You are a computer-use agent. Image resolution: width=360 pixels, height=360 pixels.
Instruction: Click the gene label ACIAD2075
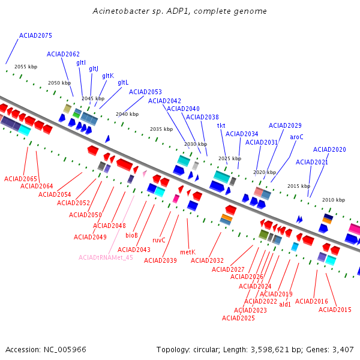(x=35, y=35)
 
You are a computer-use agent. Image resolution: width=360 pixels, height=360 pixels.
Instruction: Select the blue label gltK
(x=108, y=76)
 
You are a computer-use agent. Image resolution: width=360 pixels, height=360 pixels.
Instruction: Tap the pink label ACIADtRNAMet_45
(x=106, y=257)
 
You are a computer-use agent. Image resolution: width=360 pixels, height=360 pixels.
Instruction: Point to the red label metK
(x=188, y=252)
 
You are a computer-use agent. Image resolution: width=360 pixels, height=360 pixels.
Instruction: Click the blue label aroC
(x=296, y=137)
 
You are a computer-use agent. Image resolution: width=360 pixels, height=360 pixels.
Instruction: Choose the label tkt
(x=221, y=125)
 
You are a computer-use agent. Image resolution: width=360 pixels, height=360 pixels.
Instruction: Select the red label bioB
(x=131, y=235)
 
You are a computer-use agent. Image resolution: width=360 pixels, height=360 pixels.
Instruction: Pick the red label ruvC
(x=159, y=240)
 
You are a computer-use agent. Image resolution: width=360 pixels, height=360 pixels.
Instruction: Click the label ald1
(x=285, y=304)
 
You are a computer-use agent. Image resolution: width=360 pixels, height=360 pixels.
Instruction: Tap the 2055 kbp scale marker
(x=26, y=67)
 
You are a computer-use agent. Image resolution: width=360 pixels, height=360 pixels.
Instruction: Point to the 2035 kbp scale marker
(x=161, y=129)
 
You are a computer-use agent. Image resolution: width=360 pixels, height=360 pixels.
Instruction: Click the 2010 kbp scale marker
(x=334, y=200)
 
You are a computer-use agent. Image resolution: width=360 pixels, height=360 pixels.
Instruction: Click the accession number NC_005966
(x=65, y=350)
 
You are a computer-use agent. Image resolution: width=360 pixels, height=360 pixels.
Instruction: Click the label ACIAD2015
(x=335, y=310)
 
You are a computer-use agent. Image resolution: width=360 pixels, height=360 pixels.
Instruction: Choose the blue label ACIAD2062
(x=63, y=54)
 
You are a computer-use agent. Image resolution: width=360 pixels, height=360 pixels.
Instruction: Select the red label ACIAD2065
(x=20, y=179)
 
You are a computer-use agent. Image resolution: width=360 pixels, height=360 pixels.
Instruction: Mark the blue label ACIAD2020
(x=329, y=149)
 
